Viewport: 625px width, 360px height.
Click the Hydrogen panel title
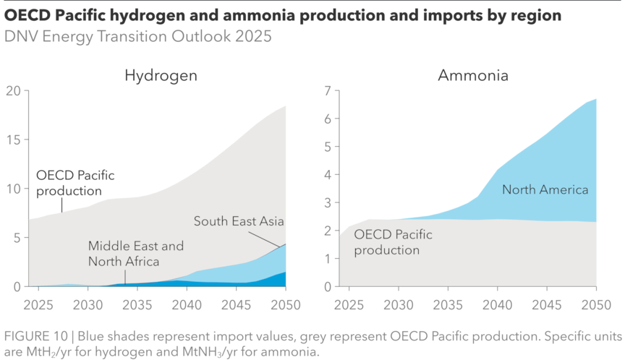pyautogui.click(x=161, y=75)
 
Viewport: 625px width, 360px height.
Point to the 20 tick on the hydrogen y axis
pyautogui.click(x=14, y=91)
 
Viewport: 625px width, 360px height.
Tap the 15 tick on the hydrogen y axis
pyautogui.click(x=14, y=140)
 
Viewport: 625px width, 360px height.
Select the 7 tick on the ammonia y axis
pyautogui.click(x=326, y=91)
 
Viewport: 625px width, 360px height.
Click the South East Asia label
pyautogui.click(x=239, y=221)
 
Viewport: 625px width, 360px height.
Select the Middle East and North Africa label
pyautogui.click(x=136, y=253)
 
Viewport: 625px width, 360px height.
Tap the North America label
pyautogui.click(x=545, y=190)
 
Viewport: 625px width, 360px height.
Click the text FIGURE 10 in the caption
pyautogui.click(x=35, y=337)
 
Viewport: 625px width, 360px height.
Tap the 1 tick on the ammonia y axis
pyautogui.click(x=326, y=259)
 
